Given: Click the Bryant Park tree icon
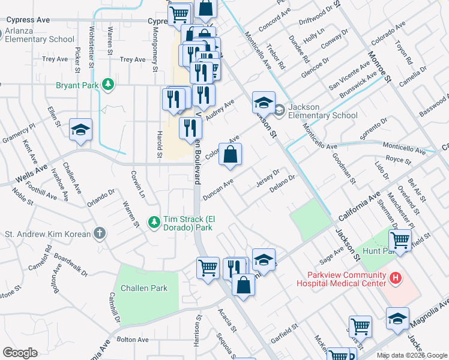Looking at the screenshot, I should click(x=108, y=85).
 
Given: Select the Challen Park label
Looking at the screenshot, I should click(x=144, y=288).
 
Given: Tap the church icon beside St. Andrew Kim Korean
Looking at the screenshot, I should click(x=100, y=233).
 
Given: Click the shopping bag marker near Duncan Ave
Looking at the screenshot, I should click(x=230, y=155).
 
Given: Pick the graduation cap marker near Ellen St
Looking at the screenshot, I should click(x=79, y=130).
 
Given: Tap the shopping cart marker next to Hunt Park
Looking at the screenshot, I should click(x=400, y=241).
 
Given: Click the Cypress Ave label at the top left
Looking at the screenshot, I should click(x=28, y=20).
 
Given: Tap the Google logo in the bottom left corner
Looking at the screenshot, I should click(x=20, y=352).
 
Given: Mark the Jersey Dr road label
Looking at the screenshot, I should click(x=268, y=178).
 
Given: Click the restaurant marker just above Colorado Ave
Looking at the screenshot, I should click(x=190, y=127).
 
